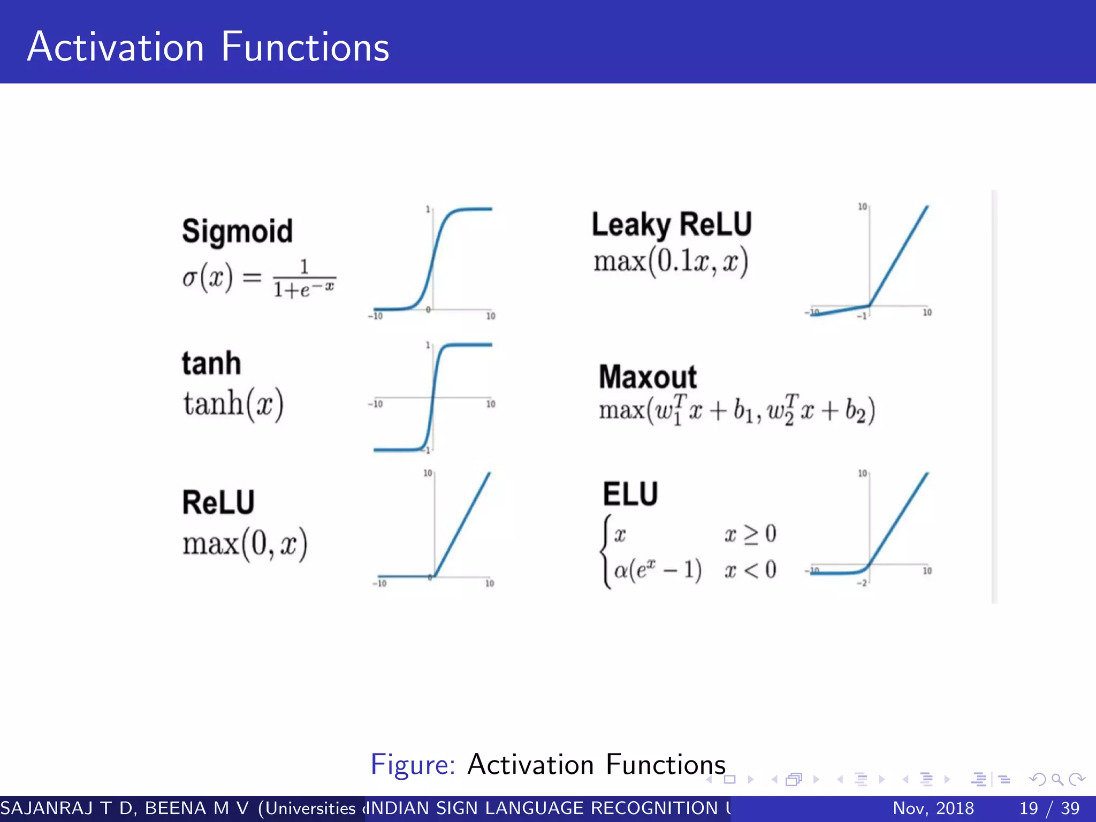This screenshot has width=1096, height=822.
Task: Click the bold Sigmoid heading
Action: [x=237, y=232]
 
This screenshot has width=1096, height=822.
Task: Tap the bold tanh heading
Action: [x=211, y=363]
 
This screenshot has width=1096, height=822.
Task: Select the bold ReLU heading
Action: [x=218, y=503]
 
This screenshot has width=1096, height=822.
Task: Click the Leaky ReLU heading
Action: [x=672, y=224]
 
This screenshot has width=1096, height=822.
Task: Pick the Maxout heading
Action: [x=648, y=377]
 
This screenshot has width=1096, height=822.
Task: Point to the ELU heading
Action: [x=630, y=494]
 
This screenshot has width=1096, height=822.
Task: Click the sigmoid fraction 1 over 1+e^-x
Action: [x=304, y=279]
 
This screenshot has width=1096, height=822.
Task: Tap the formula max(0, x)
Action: [x=245, y=544]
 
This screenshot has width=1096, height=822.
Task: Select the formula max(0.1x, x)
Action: [x=671, y=262]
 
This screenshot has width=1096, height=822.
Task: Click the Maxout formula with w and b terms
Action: [x=737, y=411]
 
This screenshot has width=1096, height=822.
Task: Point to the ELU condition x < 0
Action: [x=750, y=570]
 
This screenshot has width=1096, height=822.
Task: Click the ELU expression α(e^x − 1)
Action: [x=658, y=570]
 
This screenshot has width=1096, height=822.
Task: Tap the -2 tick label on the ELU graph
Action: [x=862, y=583]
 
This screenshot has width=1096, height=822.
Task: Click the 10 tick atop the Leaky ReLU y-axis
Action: [x=862, y=207]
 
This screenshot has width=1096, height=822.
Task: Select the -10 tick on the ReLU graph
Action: [x=379, y=583]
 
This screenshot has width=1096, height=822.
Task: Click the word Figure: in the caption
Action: [x=413, y=764]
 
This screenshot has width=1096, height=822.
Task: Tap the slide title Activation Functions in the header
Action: [x=208, y=47]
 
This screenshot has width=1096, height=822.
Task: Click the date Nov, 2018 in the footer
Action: [x=933, y=808]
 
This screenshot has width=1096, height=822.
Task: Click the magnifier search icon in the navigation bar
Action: [x=1057, y=779]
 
